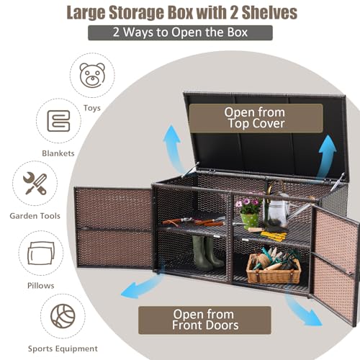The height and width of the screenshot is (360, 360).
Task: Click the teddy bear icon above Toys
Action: coord(92,75)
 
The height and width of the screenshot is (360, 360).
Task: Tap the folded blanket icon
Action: coord(59,121)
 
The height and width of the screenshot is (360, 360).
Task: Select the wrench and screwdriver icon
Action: coord(35,184)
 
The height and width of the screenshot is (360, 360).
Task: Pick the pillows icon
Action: coord(41,253)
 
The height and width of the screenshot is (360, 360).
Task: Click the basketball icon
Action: coord(63,316)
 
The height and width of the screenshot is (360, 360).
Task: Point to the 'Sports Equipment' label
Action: coord(63,348)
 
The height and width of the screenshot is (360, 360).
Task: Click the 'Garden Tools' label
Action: coord(35,216)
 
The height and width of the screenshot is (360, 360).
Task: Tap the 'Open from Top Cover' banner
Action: coord(256,118)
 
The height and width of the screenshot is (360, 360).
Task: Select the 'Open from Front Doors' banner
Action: coord(204,320)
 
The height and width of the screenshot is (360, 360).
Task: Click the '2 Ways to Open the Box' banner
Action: coord(180,32)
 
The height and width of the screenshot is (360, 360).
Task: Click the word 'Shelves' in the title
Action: coord(269,12)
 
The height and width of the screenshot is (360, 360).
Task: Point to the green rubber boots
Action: coord(207,252)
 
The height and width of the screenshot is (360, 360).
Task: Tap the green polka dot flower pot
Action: coord(250,220)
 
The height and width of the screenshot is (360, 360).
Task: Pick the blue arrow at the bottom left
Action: coord(142,286)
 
